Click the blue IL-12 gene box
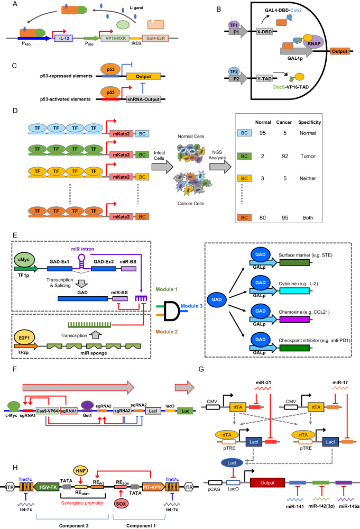[64, 38]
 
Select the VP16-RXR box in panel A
[116, 38]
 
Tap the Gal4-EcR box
[156, 38]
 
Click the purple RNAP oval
[313, 43]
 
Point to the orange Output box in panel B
[339, 51]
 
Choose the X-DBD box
[264, 32]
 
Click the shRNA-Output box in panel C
[143, 99]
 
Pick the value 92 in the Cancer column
[285, 156]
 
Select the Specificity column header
[309, 122]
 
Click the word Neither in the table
[308, 178]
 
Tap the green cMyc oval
[24, 260]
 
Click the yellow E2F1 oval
[24, 338]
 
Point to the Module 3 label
[191, 306]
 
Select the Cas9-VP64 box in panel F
[47, 411]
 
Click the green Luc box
[186, 411]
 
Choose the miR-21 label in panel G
[263, 382]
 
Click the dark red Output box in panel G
[267, 483]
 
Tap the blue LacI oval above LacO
[232, 463]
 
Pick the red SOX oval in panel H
[121, 504]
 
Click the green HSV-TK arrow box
[47, 487]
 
